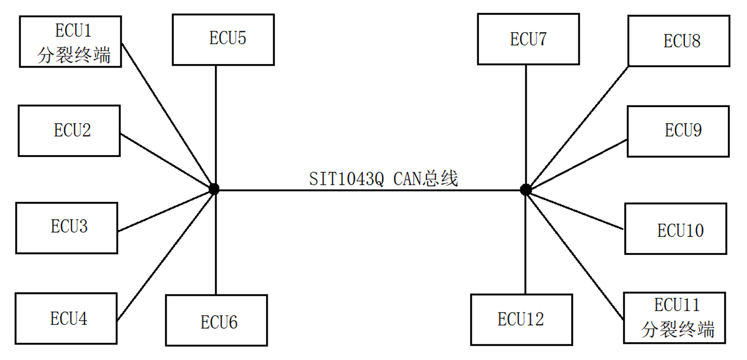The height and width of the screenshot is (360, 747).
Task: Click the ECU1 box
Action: (x=71, y=41)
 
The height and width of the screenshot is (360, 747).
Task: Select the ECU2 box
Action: (x=69, y=131)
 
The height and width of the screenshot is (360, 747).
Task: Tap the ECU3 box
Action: (x=67, y=228)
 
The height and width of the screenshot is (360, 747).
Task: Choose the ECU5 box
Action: (x=223, y=40)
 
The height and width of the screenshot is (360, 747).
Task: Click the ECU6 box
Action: (x=216, y=321)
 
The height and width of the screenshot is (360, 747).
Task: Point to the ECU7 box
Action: (x=528, y=39)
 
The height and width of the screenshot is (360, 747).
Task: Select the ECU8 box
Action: (x=679, y=41)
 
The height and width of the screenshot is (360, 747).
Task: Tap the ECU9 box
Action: (x=678, y=131)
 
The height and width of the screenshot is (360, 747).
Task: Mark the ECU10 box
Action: (x=676, y=229)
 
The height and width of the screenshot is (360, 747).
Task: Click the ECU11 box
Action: (x=675, y=318)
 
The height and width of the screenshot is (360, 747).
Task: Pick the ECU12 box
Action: (x=522, y=320)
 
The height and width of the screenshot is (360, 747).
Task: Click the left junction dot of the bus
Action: (x=214, y=189)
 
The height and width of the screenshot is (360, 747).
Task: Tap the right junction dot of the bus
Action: (x=526, y=189)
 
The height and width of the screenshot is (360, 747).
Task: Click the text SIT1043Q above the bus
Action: (x=346, y=179)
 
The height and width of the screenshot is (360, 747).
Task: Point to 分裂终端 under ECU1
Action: (x=74, y=56)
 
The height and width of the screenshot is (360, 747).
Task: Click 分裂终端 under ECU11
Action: (x=678, y=330)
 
